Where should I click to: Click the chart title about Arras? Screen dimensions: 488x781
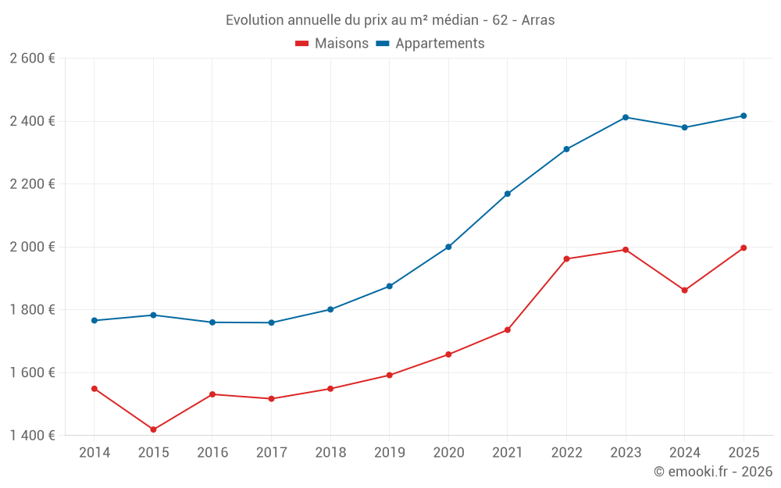390,20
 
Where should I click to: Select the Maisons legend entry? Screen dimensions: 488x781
332,44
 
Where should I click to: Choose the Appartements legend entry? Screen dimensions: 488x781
430,44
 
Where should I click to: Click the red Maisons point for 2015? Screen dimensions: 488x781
153,429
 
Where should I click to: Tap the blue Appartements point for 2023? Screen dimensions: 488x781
626,117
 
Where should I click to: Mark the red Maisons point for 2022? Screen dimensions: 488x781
566,258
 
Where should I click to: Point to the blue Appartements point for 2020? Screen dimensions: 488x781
448,247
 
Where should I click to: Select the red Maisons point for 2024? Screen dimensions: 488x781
684,290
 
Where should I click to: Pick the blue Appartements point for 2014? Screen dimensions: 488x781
95,320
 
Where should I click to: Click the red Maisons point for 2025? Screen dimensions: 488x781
744,248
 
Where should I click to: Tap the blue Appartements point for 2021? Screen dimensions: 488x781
508,194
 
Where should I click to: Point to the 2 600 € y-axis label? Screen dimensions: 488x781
32,59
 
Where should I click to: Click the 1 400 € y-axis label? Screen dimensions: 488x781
32,436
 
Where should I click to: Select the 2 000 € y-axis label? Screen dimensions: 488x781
32,247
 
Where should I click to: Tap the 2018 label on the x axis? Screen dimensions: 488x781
330,453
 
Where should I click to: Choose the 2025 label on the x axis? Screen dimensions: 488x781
744,453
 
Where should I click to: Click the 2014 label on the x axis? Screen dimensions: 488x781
95,453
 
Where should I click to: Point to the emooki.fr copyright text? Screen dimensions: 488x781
712,472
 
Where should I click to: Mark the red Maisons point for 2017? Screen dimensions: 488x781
271,399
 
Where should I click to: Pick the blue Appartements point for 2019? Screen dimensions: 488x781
390,286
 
